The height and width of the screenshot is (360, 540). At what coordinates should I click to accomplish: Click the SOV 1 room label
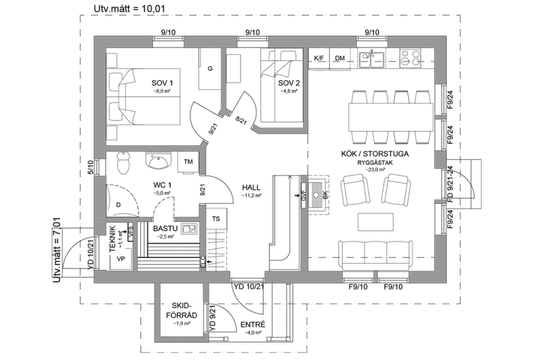[162, 82]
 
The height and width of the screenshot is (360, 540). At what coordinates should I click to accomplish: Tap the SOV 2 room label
[289, 82]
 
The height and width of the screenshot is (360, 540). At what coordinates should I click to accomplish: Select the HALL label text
[251, 187]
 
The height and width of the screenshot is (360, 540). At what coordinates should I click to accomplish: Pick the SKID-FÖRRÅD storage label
[182, 311]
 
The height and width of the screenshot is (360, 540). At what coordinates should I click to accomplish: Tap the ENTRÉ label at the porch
[252, 324]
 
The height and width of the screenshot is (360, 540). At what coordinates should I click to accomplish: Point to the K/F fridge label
[319, 58]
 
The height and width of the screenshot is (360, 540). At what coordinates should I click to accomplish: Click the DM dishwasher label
[340, 58]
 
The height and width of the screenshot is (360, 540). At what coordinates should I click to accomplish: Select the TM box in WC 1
[187, 161]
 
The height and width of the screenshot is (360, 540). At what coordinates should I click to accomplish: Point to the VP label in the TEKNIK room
[121, 259]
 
